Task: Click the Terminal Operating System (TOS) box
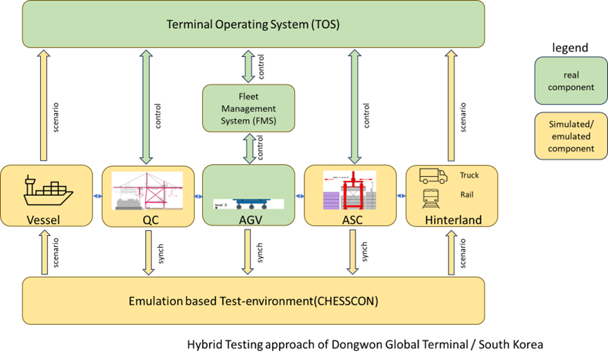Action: pyautogui.click(x=252, y=25)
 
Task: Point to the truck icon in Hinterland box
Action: pyautogui.click(x=433, y=176)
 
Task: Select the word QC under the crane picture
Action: pyautogui.click(x=147, y=220)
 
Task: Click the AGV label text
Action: pyautogui.click(x=248, y=220)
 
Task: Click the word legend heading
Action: pyautogui.click(x=570, y=48)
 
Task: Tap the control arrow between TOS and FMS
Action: pyautogui.click(x=248, y=67)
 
